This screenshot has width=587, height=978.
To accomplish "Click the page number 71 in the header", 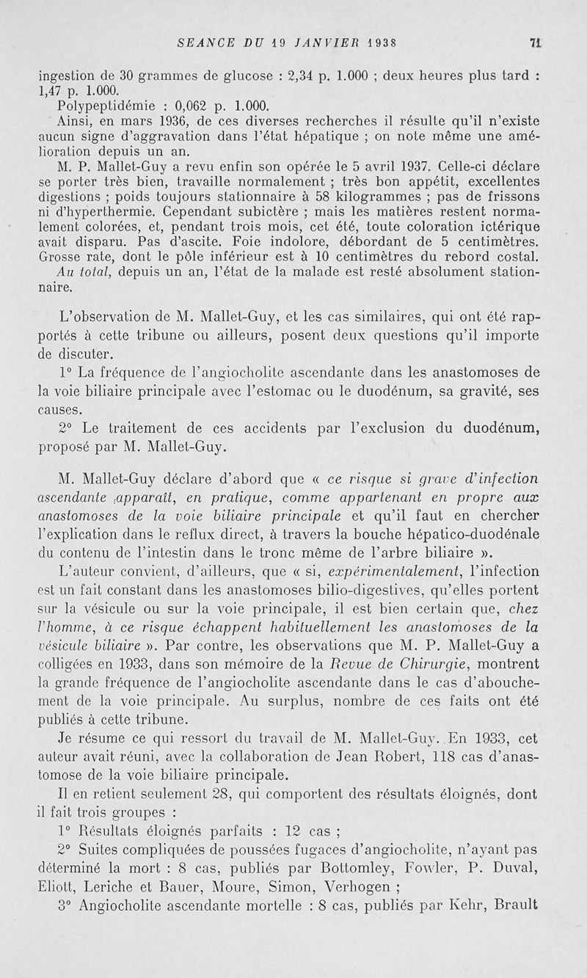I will pyautogui.click(x=536, y=43).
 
